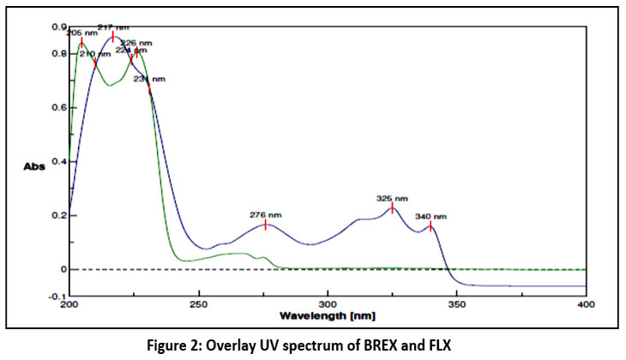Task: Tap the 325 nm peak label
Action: point(392,198)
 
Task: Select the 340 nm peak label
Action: point(430,216)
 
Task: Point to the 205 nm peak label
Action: point(81,33)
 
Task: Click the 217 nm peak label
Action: point(112,27)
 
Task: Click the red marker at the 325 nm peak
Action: point(392,208)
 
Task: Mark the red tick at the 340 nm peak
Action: point(430,226)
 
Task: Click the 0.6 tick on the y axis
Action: point(58,107)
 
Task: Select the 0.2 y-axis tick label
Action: point(58,215)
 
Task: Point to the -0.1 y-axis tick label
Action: point(57,296)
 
